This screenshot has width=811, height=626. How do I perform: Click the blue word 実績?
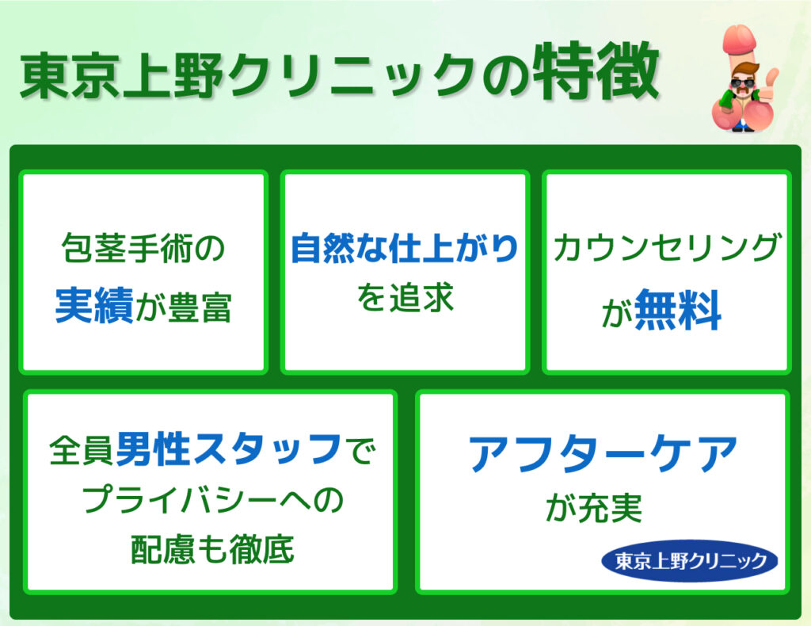[94, 306]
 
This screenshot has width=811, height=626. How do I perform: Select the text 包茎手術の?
[143, 248]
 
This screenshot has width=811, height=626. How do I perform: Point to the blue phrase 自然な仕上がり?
[405, 248]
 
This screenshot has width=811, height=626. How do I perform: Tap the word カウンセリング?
[667, 246]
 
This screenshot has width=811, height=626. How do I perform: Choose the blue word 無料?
[678, 309]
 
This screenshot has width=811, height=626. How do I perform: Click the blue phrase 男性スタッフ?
[229, 449]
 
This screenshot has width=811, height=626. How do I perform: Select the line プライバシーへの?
[213, 500]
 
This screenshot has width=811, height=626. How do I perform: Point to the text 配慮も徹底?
[212, 549]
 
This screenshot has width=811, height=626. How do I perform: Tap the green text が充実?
[594, 509]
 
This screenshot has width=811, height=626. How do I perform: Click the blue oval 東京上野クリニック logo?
[690, 561]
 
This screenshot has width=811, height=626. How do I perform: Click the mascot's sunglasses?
[743, 83]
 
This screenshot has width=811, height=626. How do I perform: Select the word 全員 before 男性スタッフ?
[82, 449]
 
